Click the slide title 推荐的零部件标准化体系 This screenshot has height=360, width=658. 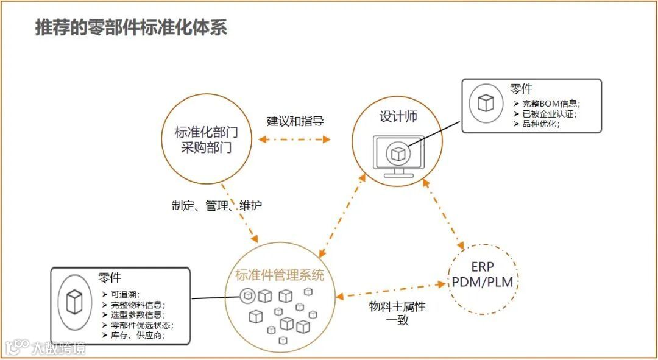131,27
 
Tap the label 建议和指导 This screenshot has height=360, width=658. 295,121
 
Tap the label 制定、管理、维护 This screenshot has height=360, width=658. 217,206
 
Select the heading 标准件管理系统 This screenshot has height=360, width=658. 280,275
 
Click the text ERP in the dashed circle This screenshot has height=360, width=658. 483,267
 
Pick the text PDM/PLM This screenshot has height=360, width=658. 483,283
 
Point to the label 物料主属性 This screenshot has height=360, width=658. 397,307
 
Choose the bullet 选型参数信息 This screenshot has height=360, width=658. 136,315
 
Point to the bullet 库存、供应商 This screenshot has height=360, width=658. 138,335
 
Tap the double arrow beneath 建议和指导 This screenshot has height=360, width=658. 294,139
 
